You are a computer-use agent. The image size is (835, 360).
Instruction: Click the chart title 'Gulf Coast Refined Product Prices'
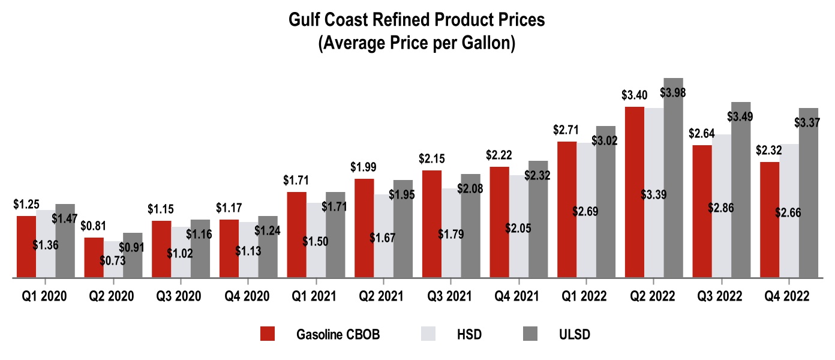[x=417, y=20]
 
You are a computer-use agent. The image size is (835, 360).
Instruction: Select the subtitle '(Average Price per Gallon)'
[x=417, y=44]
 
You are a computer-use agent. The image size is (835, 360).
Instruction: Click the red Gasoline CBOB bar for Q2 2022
[x=635, y=192]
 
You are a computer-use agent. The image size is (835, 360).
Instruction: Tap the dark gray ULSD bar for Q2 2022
[x=674, y=180]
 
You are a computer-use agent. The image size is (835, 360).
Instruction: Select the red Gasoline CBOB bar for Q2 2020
[x=94, y=258]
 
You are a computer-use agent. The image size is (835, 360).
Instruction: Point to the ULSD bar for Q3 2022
[x=741, y=192]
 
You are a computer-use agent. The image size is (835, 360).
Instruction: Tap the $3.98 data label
[x=673, y=93]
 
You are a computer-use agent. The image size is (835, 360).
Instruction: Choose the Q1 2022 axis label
[x=581, y=296]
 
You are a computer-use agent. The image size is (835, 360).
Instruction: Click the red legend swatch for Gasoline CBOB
[x=268, y=334]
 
